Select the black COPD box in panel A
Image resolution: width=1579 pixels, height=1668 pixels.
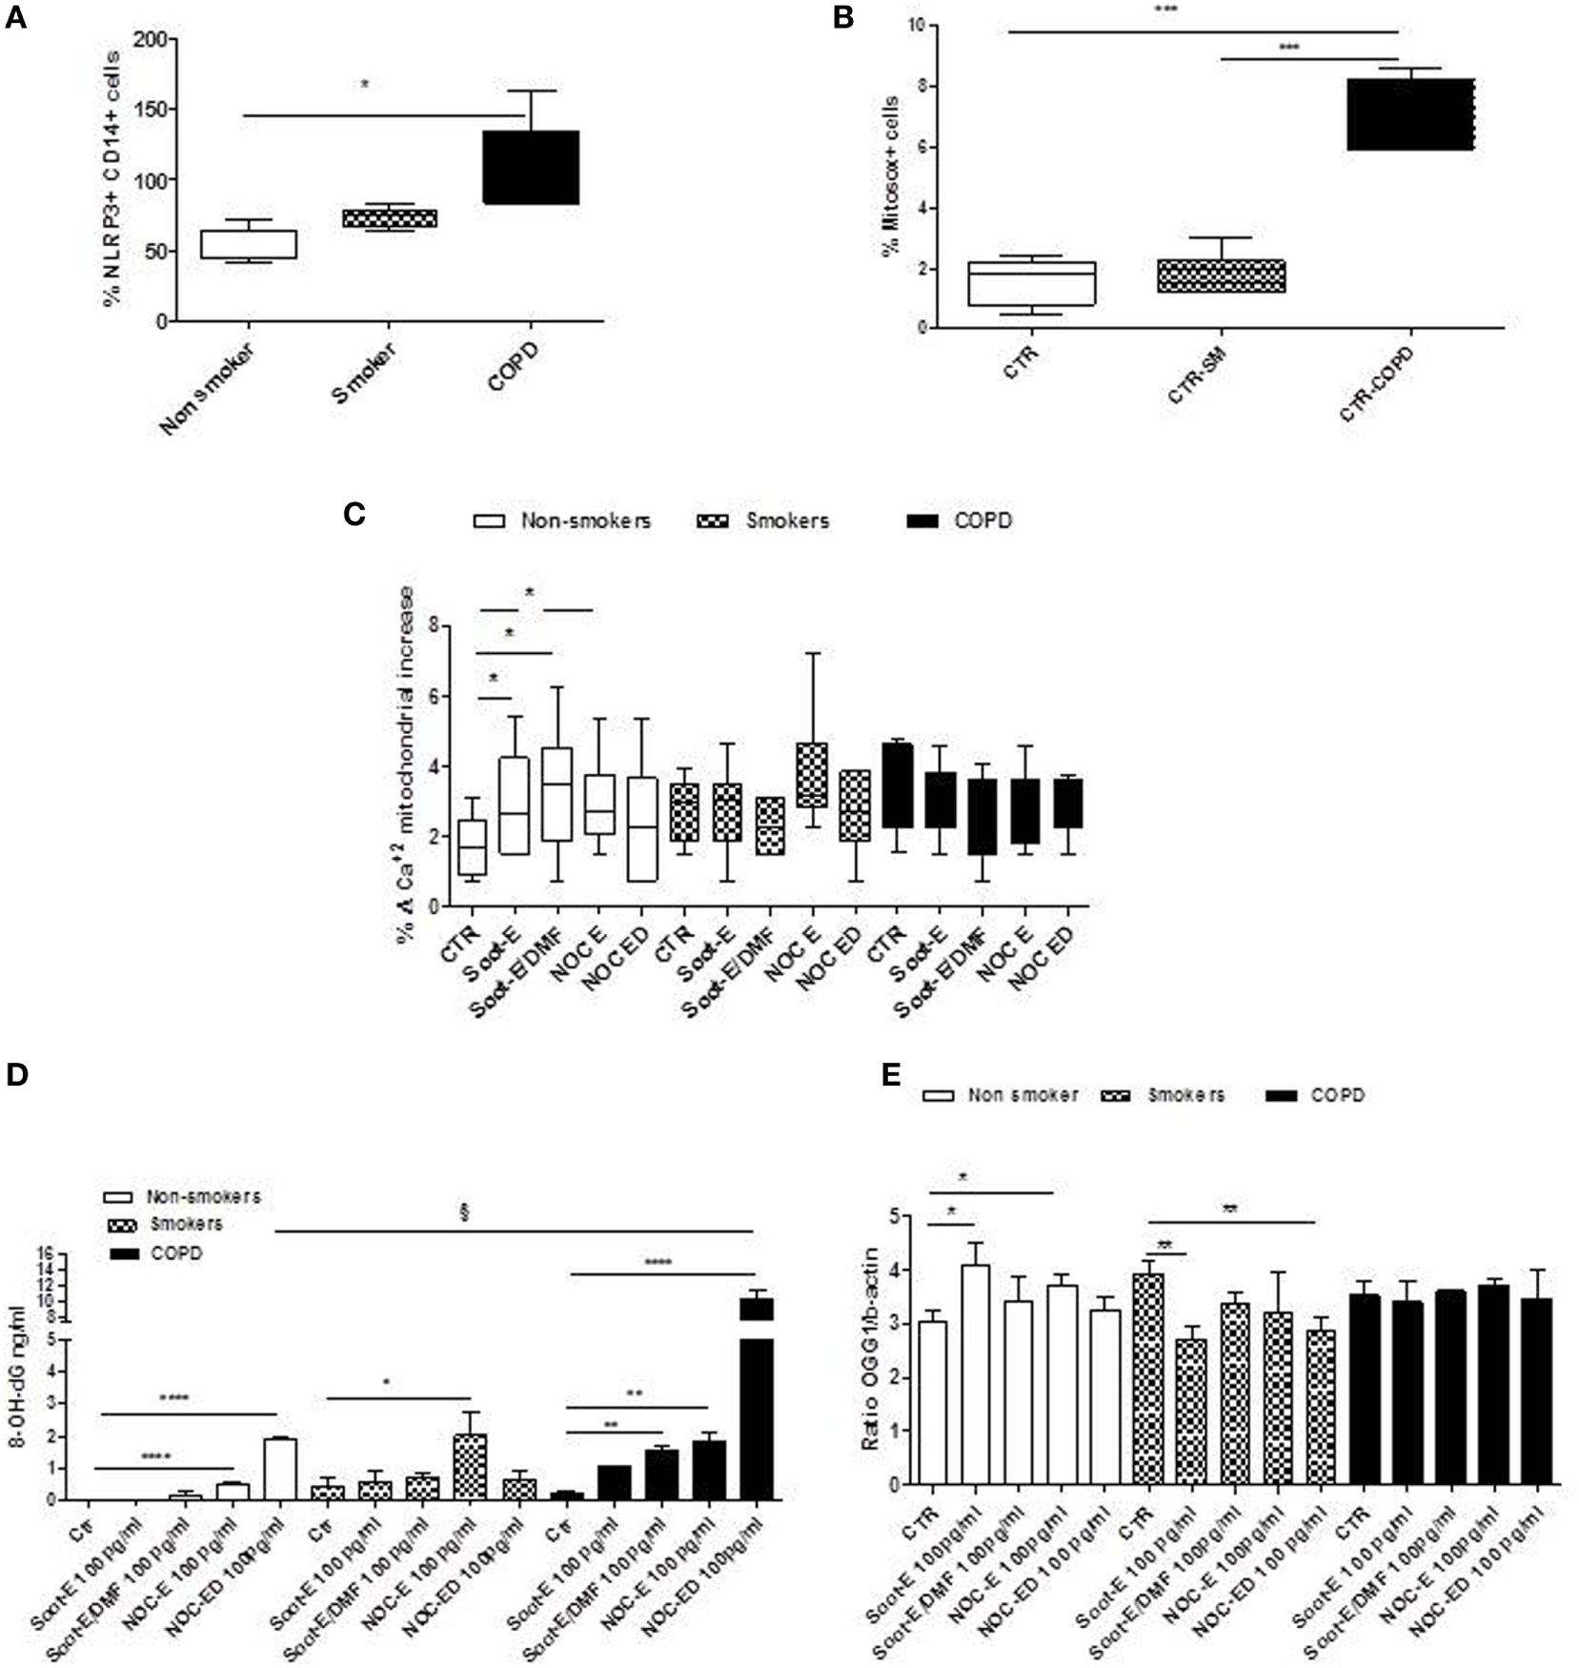[531, 167]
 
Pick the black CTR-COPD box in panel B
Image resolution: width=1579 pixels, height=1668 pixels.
[1410, 114]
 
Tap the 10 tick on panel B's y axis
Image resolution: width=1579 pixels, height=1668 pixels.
[917, 25]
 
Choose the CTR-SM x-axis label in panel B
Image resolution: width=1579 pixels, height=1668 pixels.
[1196, 376]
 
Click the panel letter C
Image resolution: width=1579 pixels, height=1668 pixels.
[354, 515]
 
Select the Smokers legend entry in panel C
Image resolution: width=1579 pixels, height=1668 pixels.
[771, 521]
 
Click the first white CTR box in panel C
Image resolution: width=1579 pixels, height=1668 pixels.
[473, 846]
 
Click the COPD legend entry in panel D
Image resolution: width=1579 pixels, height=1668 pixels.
[157, 1253]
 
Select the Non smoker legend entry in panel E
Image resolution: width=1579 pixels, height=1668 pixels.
[1001, 1094]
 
